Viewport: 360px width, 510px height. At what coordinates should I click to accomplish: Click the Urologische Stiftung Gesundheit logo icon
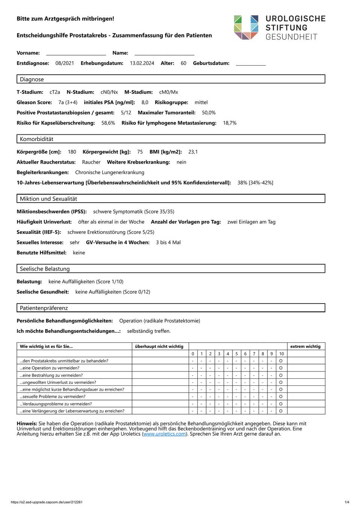click(246, 27)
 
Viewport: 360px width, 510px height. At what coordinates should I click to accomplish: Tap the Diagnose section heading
click(32, 79)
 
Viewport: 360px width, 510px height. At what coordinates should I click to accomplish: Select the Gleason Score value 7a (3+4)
click(68, 102)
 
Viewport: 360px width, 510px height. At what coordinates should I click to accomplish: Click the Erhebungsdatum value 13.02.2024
click(142, 63)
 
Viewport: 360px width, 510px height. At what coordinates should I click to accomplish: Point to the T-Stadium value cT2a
click(55, 92)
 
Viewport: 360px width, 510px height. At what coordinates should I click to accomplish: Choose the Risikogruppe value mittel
click(201, 102)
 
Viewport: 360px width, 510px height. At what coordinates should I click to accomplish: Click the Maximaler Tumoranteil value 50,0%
click(208, 113)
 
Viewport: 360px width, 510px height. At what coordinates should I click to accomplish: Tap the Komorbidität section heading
click(36, 139)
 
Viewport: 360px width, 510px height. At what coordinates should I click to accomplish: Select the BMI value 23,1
click(193, 152)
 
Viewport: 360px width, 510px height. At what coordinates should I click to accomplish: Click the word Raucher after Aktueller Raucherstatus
click(91, 162)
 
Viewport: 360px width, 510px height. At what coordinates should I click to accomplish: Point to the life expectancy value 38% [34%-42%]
click(255, 183)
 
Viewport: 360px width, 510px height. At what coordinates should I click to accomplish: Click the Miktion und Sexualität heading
click(48, 199)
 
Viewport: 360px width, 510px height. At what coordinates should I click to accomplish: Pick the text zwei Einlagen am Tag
click(251, 222)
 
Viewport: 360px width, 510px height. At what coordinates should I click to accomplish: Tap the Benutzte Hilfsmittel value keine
click(79, 253)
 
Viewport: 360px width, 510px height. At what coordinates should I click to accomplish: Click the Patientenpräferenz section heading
click(44, 308)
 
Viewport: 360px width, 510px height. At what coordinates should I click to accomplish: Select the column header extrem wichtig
click(305, 346)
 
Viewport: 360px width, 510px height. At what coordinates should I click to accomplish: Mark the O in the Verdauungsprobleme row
click(281, 404)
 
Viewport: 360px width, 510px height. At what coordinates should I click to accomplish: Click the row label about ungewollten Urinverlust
click(58, 382)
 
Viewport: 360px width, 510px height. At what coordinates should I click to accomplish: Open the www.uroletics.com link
click(165, 434)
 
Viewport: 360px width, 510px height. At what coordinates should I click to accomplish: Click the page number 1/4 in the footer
click(347, 502)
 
